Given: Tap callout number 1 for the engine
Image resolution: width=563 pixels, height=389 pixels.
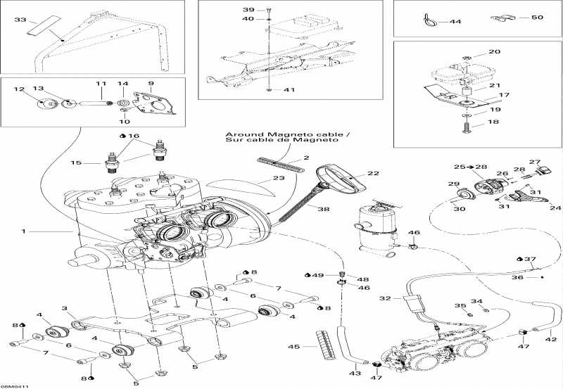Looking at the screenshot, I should (25, 231).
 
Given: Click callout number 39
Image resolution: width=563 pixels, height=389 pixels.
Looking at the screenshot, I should (247, 9).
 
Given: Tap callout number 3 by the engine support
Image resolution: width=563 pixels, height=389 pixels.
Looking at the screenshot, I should (64, 308).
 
